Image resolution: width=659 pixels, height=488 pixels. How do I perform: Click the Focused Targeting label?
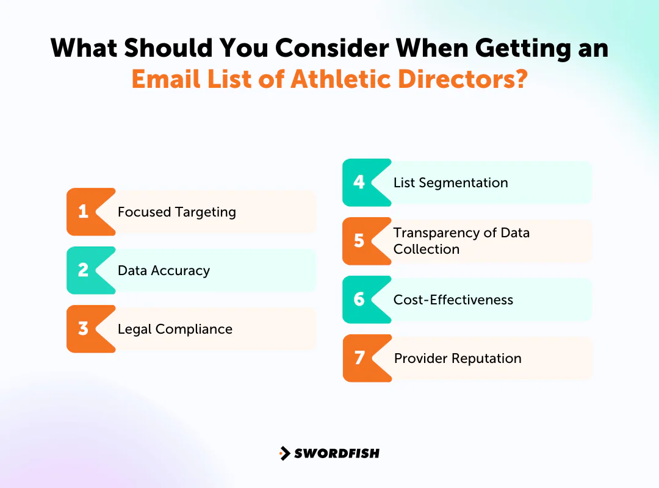(x=176, y=212)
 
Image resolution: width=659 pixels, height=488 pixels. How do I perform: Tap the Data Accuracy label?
(x=164, y=270)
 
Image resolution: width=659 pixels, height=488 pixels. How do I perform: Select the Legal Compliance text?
(x=175, y=329)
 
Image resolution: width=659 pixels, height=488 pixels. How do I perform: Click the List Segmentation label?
(x=450, y=182)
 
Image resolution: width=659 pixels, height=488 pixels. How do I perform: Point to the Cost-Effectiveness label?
(x=453, y=300)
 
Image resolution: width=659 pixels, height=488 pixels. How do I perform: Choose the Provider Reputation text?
(x=458, y=358)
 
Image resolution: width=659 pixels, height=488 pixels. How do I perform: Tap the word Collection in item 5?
(x=426, y=249)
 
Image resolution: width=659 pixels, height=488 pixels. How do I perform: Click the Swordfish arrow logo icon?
(x=284, y=453)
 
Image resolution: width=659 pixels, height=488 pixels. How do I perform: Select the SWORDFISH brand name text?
(x=337, y=453)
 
